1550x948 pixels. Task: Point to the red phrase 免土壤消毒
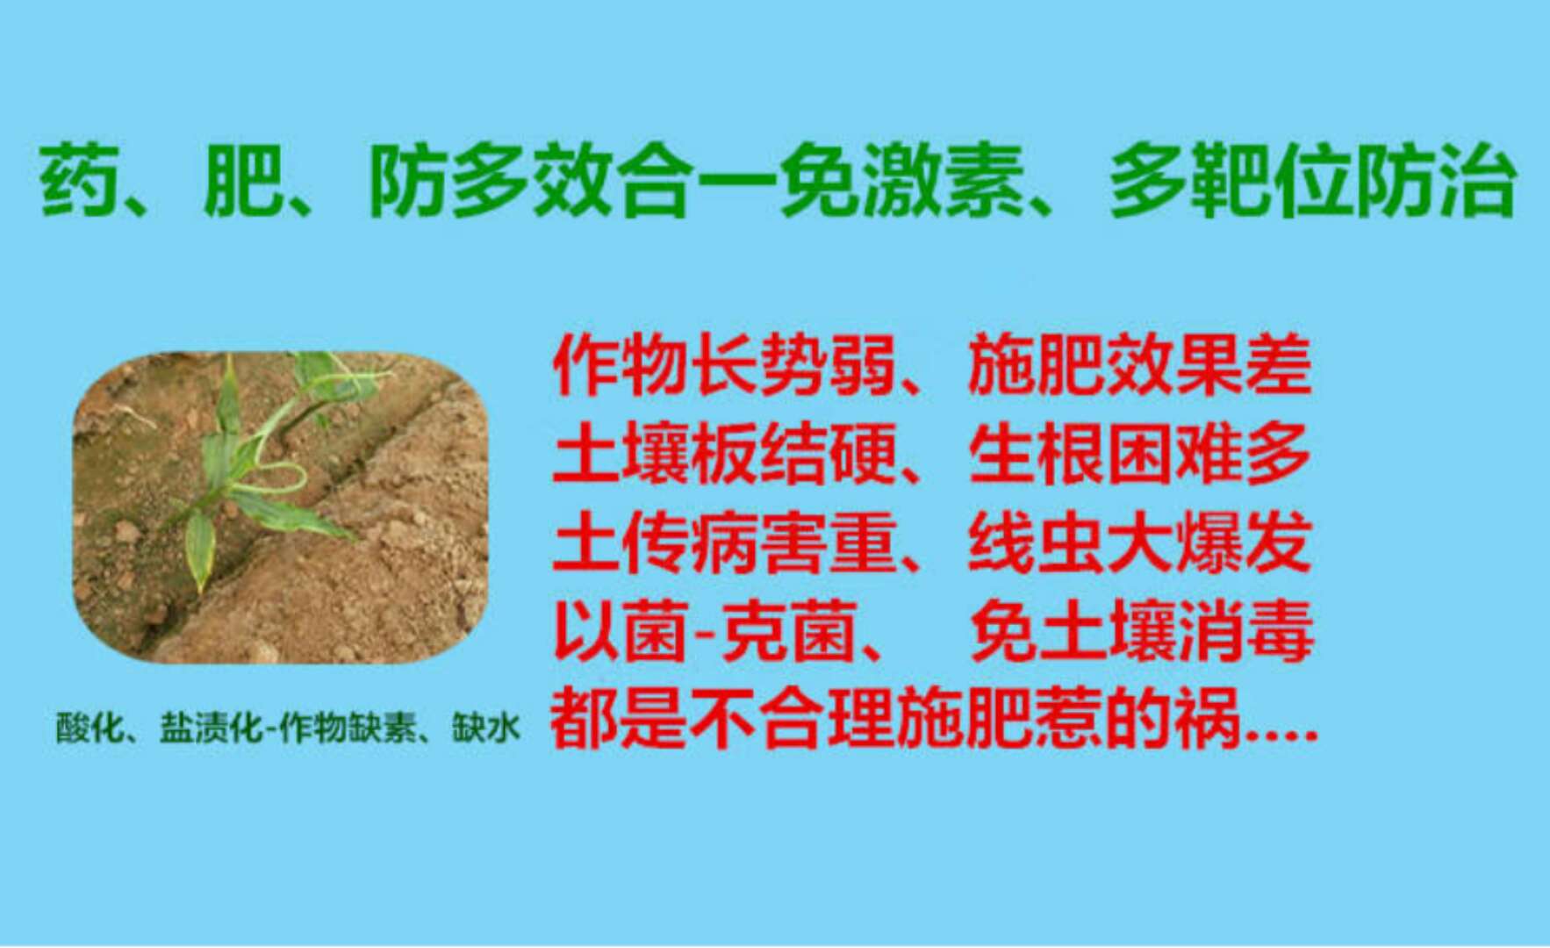coord(1141,630)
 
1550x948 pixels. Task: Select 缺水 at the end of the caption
coord(486,728)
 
